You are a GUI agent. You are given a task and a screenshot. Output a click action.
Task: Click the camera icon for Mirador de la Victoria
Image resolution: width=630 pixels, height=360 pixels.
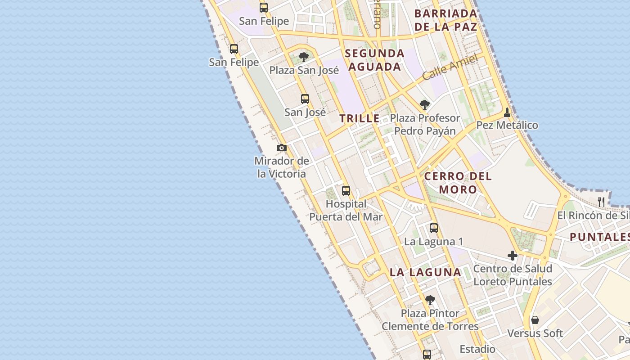pos(282,148)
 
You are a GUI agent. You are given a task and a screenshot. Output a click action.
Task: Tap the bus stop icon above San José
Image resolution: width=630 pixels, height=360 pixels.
pos(305,99)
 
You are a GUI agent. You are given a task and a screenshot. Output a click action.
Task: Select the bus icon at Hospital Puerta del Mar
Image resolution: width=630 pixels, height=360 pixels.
pos(346,191)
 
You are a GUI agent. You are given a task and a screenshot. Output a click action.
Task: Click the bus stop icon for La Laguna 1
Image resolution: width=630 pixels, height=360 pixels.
pos(434,228)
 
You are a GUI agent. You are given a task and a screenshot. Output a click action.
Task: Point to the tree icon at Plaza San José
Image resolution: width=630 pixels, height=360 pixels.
pos(304,57)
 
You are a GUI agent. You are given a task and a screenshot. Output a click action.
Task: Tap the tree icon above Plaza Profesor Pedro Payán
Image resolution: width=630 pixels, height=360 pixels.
pos(424,105)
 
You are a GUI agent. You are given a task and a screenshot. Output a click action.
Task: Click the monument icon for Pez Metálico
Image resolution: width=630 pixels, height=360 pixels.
pos(507,112)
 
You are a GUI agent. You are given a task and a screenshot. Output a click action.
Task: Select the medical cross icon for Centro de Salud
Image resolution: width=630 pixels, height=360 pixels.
pos(513,256)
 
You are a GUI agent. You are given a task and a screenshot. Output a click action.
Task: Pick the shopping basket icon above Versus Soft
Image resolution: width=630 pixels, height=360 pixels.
pos(535,320)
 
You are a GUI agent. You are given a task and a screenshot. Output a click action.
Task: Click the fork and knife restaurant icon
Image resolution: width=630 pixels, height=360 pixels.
pos(601,201)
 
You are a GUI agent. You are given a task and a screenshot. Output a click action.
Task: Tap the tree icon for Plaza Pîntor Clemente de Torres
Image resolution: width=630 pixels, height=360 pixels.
pos(430,300)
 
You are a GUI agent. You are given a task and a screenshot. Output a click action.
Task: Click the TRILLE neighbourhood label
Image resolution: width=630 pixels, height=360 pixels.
pos(360,119)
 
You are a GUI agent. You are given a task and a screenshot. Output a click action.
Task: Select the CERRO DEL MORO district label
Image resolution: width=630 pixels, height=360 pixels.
pos(458,183)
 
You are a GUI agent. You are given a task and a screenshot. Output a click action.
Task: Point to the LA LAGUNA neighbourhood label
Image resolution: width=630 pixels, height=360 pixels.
pos(425,272)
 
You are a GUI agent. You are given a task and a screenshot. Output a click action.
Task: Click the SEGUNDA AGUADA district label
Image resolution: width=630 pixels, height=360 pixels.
pos(374,60)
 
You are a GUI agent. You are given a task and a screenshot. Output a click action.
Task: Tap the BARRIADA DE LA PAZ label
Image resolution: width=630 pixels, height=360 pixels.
pos(445,20)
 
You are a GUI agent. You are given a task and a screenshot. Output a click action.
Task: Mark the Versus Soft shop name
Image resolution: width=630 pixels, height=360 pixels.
pos(535,333)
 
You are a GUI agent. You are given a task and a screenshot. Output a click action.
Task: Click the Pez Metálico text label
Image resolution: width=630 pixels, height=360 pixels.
pos(507,125)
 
